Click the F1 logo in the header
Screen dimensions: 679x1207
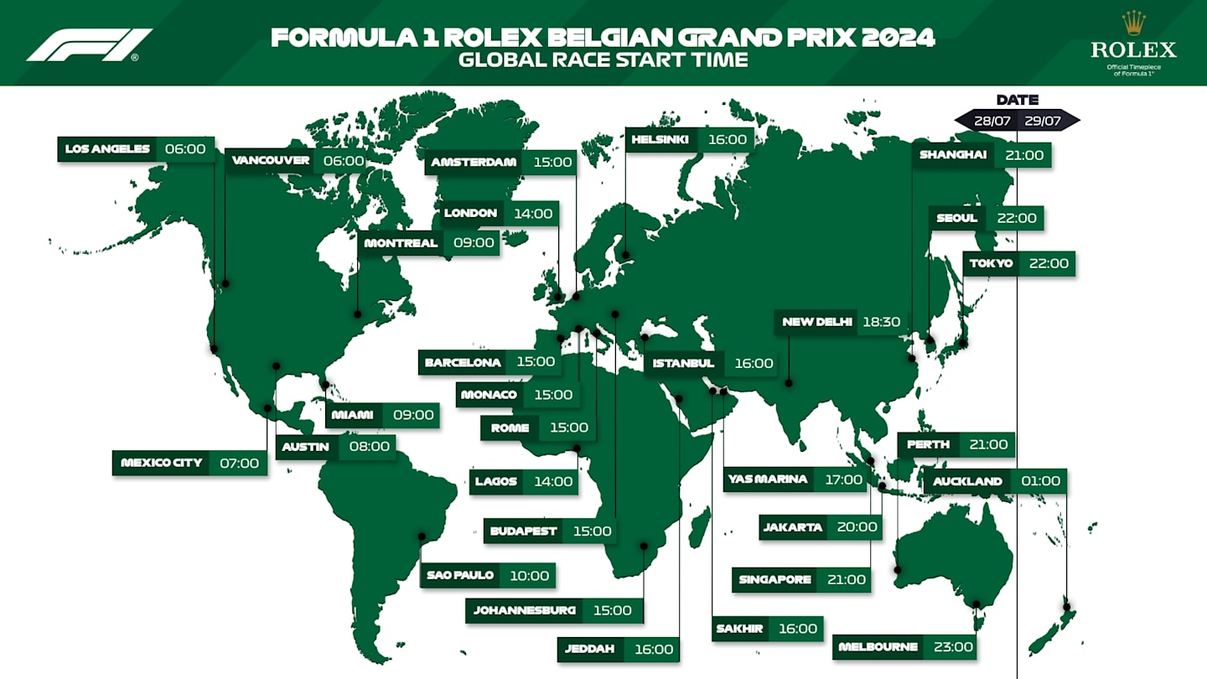click(89, 44)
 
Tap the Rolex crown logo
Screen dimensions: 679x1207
click(1133, 23)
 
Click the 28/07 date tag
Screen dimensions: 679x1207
click(992, 121)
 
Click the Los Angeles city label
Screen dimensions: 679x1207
click(107, 149)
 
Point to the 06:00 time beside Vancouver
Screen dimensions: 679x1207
click(344, 161)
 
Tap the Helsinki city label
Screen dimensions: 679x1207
click(660, 140)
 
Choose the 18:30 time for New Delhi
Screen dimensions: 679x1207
click(880, 322)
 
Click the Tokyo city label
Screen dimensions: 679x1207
click(992, 264)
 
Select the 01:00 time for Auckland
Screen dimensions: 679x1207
click(1040, 482)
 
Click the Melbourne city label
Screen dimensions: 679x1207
click(878, 647)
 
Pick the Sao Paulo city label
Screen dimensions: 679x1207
click(460, 576)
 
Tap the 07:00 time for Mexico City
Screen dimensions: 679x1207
click(239, 463)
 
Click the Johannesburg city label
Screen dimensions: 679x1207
click(525, 610)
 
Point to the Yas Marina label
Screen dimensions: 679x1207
click(768, 479)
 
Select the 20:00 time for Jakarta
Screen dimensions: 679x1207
click(857, 527)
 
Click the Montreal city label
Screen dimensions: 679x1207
click(401, 243)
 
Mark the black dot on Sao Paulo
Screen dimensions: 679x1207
click(422, 536)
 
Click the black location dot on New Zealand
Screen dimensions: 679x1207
click(1066, 606)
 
